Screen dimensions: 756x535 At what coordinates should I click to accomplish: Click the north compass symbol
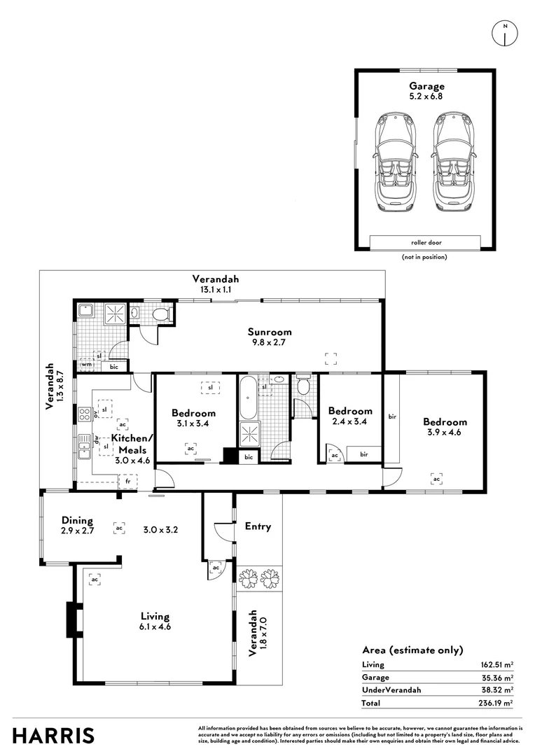tap(504, 34)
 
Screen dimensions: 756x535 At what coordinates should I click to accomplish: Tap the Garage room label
tap(426, 85)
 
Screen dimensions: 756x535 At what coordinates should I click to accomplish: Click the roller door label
tap(425, 243)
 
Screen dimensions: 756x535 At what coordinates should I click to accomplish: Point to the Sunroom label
tap(269, 332)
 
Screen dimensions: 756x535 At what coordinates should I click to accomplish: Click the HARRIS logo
tap(54, 736)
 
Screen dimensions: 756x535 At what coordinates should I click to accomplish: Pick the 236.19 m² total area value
tap(498, 702)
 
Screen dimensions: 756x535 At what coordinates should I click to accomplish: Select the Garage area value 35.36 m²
tap(498, 677)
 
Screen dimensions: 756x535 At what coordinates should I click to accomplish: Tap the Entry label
tap(258, 526)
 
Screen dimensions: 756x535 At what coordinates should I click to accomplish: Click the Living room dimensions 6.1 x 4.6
tap(155, 626)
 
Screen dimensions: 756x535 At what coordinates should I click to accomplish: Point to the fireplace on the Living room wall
tap(72, 620)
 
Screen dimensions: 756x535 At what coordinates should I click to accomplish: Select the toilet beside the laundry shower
tap(162, 315)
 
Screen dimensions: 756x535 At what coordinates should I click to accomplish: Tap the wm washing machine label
tap(87, 365)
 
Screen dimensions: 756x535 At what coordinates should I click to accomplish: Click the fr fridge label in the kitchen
tap(127, 482)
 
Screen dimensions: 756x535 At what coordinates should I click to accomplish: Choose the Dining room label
tap(77, 520)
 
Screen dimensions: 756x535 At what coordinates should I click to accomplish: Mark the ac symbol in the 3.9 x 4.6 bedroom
tap(436, 479)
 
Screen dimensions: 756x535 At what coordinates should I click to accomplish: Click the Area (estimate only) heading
tap(412, 650)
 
